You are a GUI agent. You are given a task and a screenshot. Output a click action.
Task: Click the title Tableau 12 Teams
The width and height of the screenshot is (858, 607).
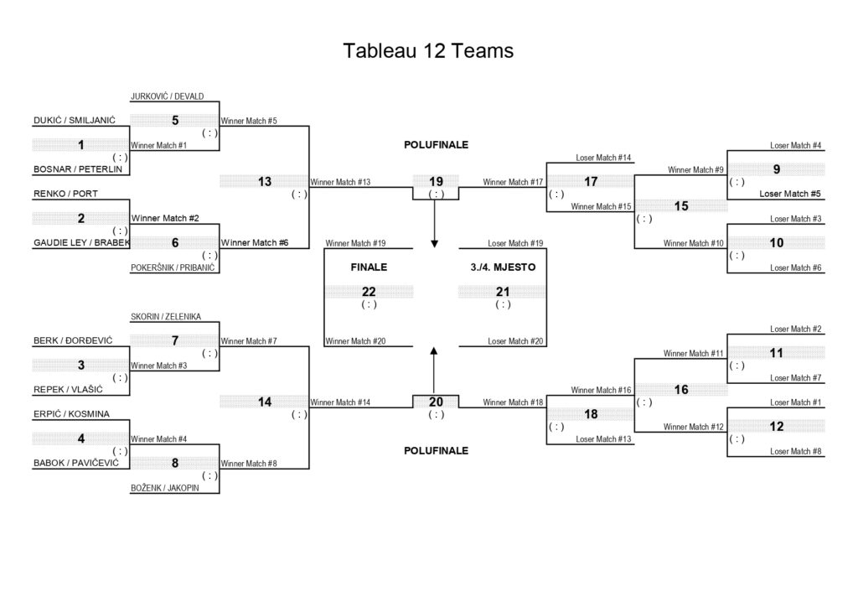coord(428,51)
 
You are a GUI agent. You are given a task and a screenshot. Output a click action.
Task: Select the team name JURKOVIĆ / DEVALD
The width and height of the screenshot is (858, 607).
coord(167,96)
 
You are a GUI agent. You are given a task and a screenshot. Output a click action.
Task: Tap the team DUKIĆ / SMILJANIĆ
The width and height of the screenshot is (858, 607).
coord(75,121)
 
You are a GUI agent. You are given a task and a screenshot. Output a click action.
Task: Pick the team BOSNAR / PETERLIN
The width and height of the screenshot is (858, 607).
coord(78,169)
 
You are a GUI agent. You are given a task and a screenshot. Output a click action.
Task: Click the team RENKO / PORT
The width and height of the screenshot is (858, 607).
coord(65,194)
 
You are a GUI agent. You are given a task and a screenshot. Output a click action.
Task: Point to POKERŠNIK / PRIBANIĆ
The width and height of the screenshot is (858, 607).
coord(173,267)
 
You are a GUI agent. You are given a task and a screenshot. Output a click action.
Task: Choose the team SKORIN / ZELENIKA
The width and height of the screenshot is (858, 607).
coord(166,316)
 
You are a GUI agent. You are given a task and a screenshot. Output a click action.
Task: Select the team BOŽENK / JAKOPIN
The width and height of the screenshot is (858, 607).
coord(165,488)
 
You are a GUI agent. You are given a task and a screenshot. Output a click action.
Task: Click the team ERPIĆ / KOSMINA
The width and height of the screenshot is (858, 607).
coord(72,414)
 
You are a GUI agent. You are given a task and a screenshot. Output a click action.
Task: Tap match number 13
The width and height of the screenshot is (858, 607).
coord(265,182)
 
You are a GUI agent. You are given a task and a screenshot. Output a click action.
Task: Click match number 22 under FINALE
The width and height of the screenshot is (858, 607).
coord(369,292)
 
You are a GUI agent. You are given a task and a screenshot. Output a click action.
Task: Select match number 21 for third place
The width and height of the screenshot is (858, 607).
coord(503,292)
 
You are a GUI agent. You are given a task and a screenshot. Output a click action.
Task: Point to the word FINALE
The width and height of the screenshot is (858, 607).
coord(369,267)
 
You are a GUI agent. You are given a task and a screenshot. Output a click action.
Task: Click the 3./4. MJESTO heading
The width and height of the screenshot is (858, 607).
coord(503,267)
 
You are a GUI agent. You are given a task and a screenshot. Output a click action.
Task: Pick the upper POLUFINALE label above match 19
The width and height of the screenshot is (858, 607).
coord(436,145)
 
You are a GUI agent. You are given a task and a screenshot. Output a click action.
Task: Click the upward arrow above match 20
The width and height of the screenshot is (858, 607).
coord(434,370)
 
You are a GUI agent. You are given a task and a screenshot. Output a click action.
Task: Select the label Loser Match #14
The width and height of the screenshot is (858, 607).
coord(603,158)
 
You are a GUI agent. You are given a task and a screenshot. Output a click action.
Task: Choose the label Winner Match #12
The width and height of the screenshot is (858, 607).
coord(693,427)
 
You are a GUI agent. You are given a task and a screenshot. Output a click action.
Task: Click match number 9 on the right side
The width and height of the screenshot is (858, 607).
coord(777,169)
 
